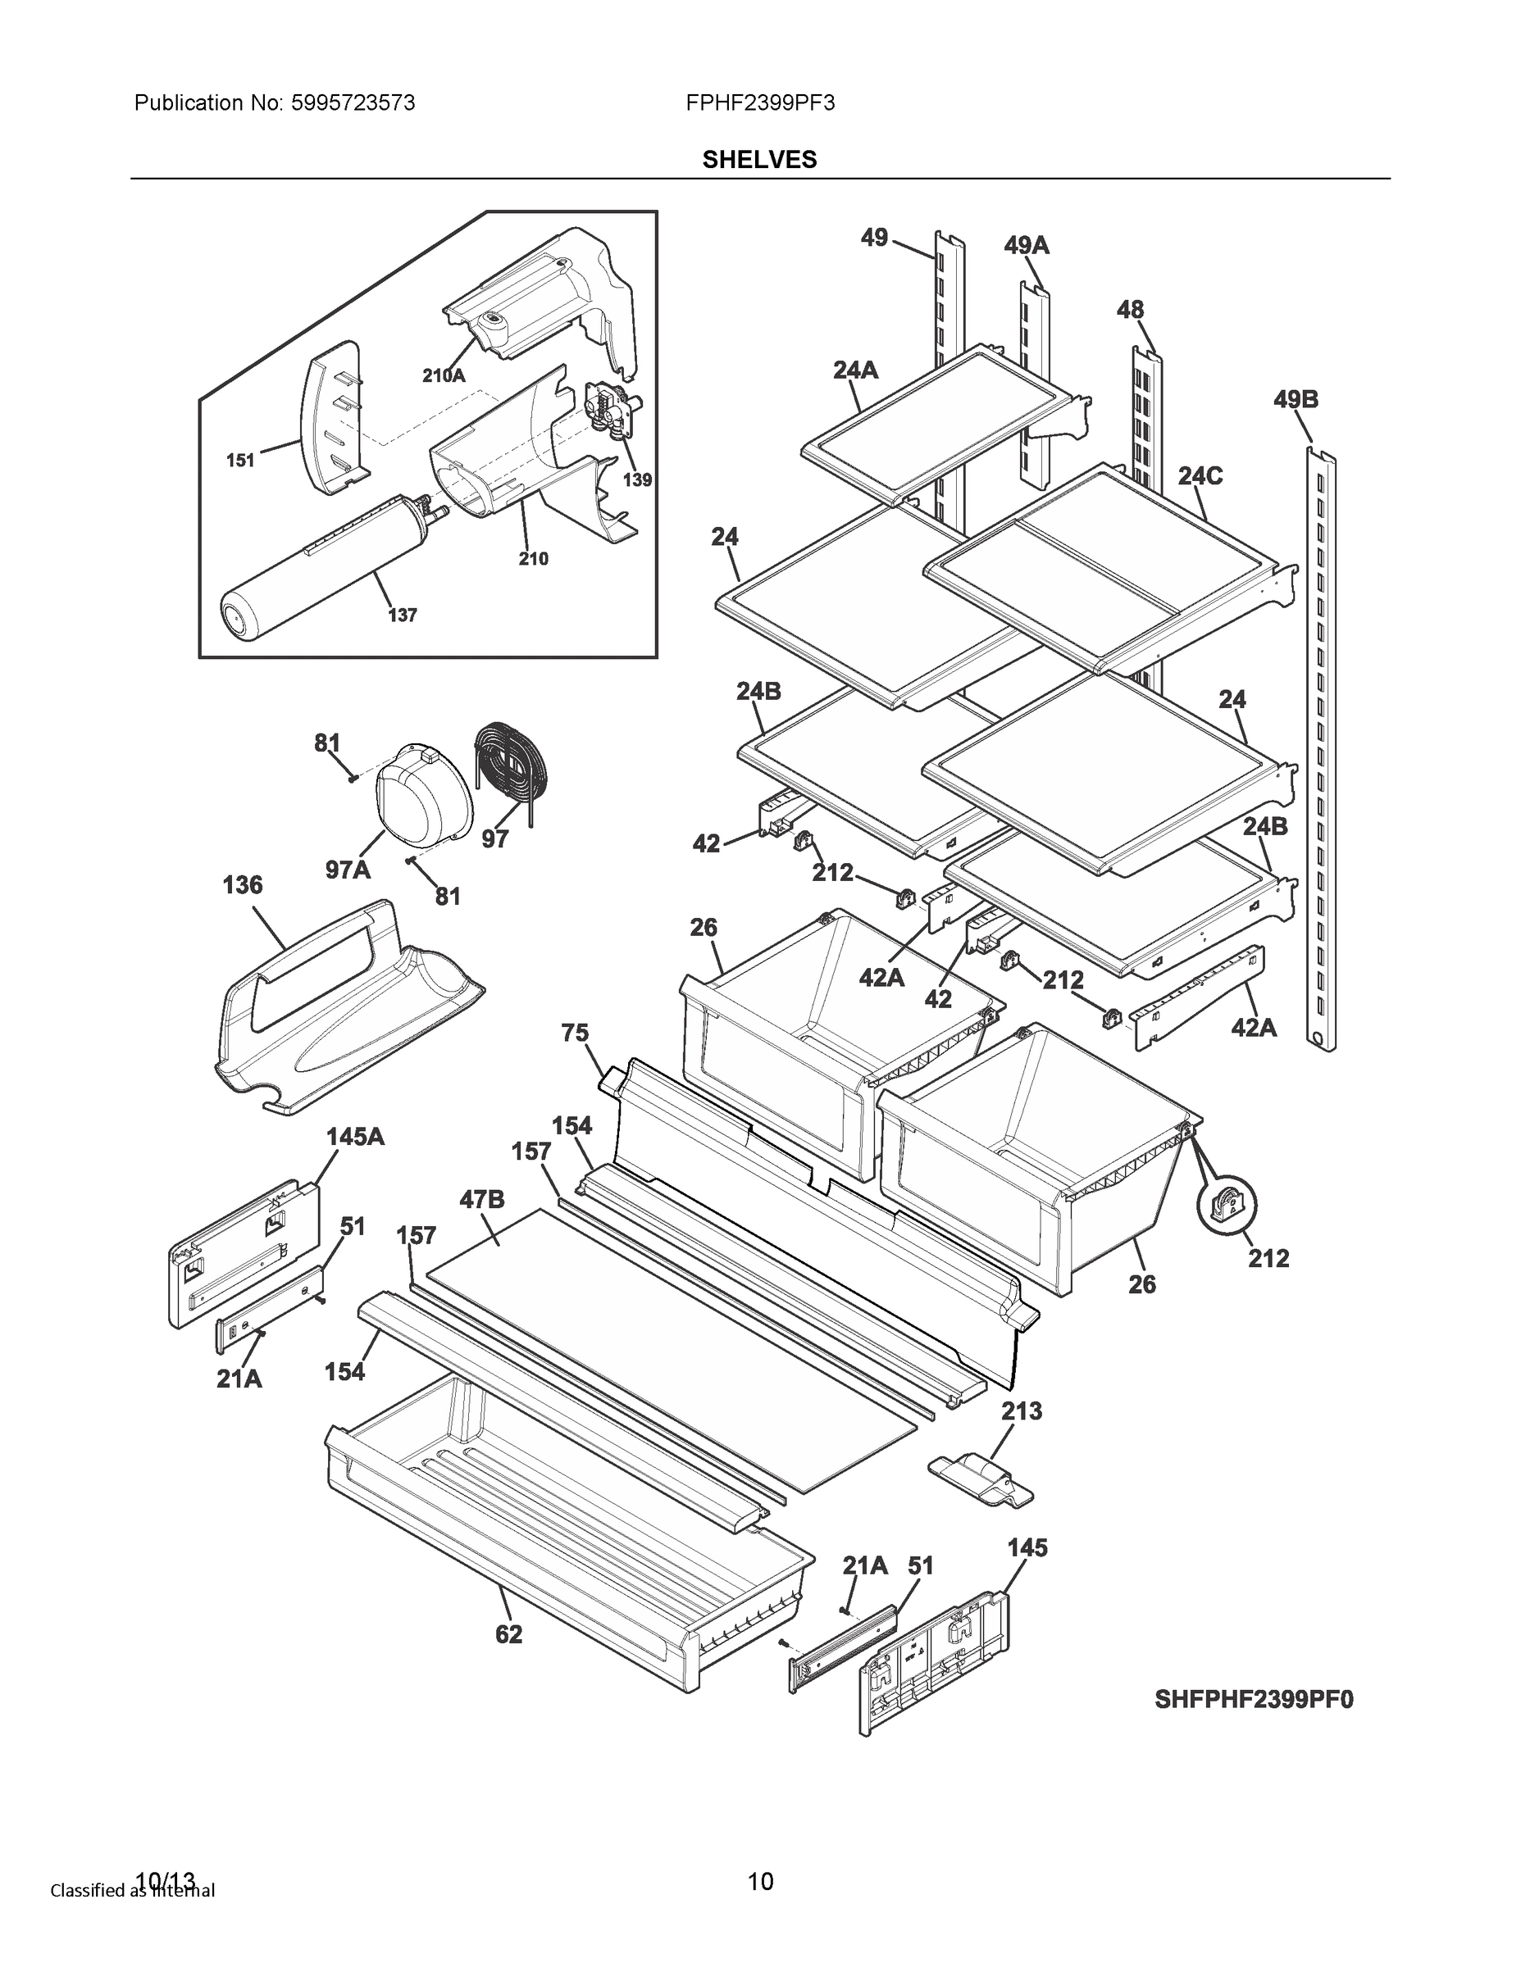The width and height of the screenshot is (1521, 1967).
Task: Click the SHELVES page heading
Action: click(758, 160)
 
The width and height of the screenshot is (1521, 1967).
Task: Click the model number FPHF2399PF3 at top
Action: click(759, 102)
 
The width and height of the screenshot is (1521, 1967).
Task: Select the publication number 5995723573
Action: click(353, 102)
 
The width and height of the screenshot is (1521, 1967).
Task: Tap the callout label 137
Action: click(402, 616)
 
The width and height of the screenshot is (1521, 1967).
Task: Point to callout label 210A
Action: click(444, 375)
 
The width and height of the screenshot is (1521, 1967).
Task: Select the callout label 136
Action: click(243, 885)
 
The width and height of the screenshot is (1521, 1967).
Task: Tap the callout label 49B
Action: click(1296, 399)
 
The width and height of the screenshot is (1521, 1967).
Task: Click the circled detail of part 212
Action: click(1227, 1205)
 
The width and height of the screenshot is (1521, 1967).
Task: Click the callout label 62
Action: click(508, 1633)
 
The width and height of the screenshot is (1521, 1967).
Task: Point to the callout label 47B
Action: click(481, 1200)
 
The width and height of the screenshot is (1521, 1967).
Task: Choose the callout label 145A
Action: click(355, 1137)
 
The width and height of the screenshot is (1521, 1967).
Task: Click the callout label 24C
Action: click(1200, 475)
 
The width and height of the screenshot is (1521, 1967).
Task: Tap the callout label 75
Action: click(575, 1033)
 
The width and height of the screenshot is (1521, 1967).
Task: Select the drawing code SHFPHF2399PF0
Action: click(1254, 1700)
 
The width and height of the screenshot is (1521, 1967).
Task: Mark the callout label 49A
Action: click(1027, 245)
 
